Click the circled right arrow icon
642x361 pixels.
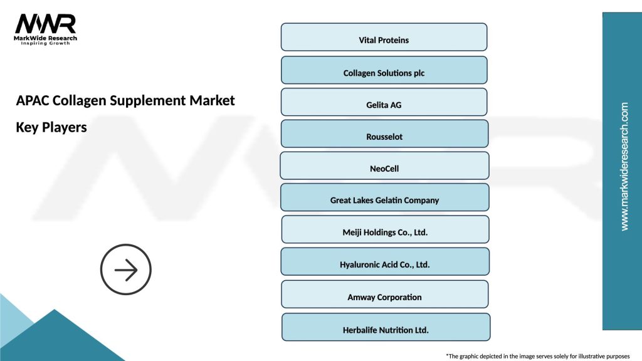point(126,270)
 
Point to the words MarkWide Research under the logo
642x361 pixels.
point(46,38)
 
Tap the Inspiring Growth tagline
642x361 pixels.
point(46,43)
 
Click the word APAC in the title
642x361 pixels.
point(33,100)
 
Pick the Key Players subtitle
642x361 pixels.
point(51,127)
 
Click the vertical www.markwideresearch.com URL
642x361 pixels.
point(624,167)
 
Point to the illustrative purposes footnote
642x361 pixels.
point(537,355)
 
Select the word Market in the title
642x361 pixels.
point(214,100)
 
